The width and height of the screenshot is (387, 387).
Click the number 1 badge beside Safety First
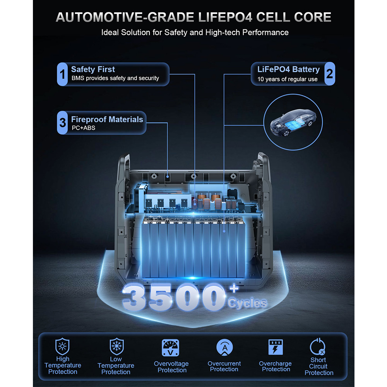62,74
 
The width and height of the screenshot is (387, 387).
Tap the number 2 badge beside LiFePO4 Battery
329,74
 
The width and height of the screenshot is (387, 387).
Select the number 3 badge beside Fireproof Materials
62,123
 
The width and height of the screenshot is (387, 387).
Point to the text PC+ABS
84,128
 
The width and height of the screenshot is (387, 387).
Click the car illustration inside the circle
293,122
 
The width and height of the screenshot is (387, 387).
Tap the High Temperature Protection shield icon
62,346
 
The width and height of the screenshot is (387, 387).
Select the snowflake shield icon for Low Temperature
116,346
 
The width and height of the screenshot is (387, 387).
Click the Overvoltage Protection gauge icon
170,348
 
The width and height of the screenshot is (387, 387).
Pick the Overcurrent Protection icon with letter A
224,347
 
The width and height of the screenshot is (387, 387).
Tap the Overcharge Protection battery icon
276,347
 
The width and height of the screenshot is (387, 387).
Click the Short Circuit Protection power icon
318,346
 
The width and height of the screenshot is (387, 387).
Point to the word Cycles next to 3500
247,303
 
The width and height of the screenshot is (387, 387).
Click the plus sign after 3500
234,288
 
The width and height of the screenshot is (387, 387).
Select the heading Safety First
93,69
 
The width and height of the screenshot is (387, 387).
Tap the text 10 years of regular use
287,79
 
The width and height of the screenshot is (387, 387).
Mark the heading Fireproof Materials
107,120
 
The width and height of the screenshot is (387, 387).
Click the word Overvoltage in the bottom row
171,363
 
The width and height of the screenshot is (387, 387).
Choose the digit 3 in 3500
135,297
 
